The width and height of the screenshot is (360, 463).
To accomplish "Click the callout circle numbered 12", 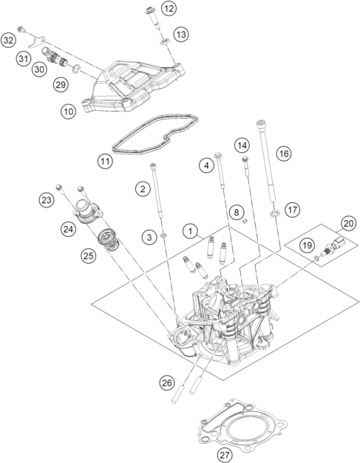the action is pyautogui.click(x=169, y=9).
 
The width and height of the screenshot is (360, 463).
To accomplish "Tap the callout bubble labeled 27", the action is pyautogui.click(x=225, y=455).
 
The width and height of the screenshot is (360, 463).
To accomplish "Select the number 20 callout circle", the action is pyautogui.click(x=348, y=224).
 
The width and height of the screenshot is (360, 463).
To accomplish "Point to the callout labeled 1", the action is pyautogui.click(x=190, y=231).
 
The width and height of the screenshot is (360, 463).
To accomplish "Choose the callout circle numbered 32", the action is pyautogui.click(x=8, y=40).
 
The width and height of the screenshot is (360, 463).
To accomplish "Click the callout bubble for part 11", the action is pyautogui.click(x=105, y=161).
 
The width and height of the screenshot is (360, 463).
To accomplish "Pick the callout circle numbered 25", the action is pyautogui.click(x=89, y=255).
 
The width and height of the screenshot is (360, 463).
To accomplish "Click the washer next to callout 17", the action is pyautogui.click(x=274, y=213).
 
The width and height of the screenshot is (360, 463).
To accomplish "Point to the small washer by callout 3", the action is pyautogui.click(x=163, y=236).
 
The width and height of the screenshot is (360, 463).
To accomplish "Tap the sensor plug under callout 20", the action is pyautogui.click(x=335, y=246).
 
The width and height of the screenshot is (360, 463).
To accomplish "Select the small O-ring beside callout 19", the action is pyautogui.click(x=316, y=258).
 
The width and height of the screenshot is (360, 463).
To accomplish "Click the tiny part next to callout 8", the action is pyautogui.click(x=245, y=222).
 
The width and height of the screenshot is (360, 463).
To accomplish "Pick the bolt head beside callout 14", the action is pyautogui.click(x=245, y=160).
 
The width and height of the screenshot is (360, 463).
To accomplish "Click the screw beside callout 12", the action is pyautogui.click(x=154, y=18).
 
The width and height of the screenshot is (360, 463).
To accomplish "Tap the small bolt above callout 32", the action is pyautogui.click(x=21, y=30).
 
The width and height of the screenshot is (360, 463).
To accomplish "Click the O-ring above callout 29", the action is pyautogui.click(x=76, y=69).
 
